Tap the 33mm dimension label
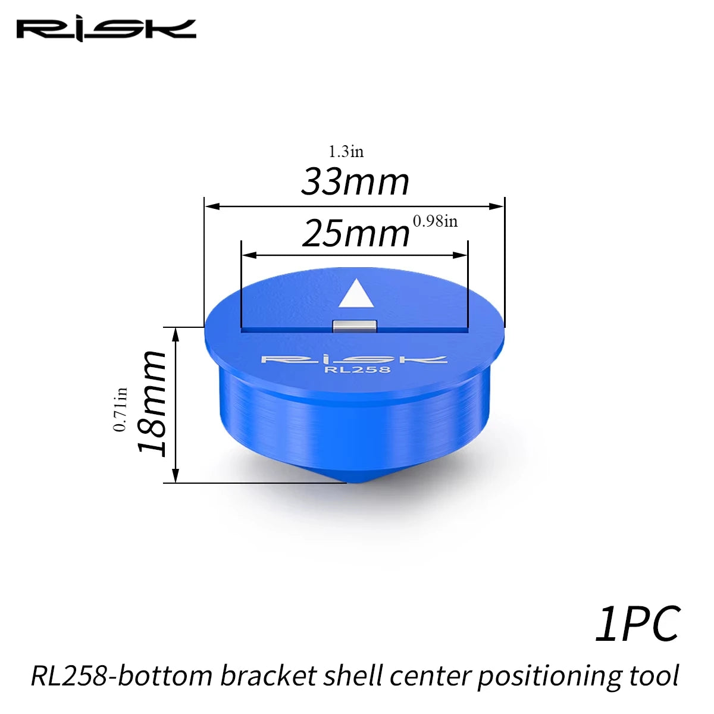click(x=355, y=182)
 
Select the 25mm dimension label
click(x=356, y=233)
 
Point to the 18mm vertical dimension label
click(x=151, y=403)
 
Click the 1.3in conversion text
click(x=346, y=152)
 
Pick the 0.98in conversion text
click(x=436, y=221)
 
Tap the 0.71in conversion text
click(x=120, y=409)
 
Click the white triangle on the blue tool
click(x=356, y=293)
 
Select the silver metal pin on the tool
click(x=355, y=327)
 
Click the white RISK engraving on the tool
click(x=354, y=359)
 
